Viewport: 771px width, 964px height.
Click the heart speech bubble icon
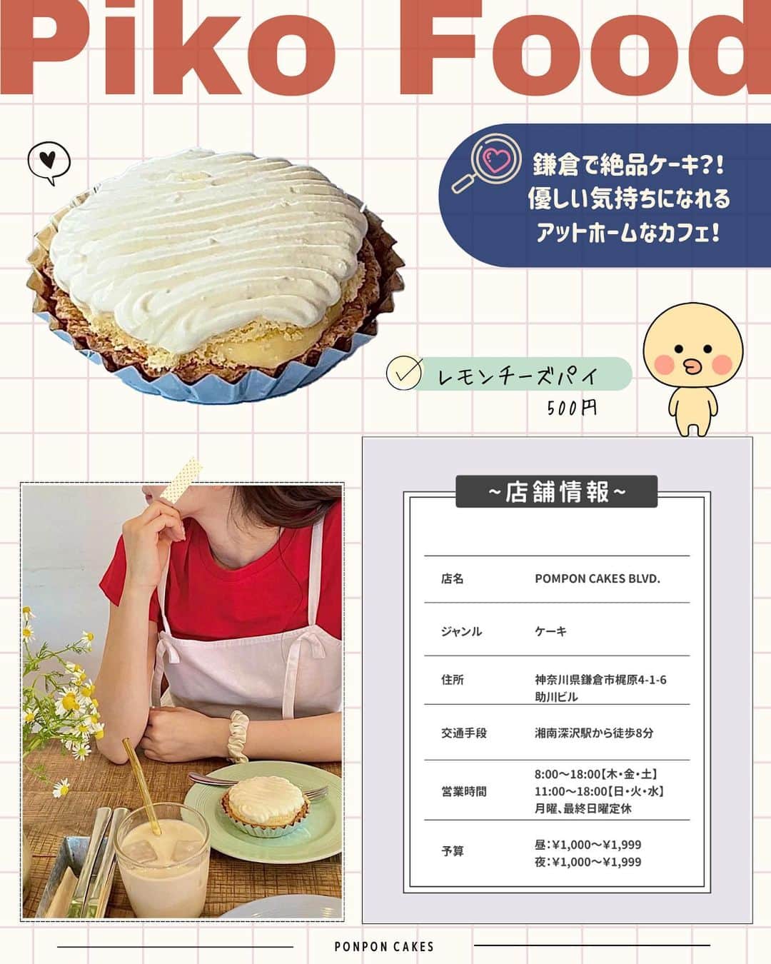[x=49, y=162]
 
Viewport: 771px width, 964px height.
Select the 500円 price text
[x=571, y=408]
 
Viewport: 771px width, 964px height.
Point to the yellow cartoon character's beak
[x=692, y=366]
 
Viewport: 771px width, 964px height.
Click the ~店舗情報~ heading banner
[x=556, y=492]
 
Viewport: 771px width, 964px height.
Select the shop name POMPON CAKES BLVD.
[x=598, y=579]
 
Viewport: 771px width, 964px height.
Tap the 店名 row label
[x=453, y=579]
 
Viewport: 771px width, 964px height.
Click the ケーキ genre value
[x=550, y=631]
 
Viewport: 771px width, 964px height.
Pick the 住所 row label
[x=453, y=680]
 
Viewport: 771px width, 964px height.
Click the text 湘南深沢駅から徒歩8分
[x=594, y=733]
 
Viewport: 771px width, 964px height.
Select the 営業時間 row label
[x=464, y=791]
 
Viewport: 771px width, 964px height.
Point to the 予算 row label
[x=453, y=851]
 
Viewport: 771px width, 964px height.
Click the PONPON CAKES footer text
[x=384, y=947]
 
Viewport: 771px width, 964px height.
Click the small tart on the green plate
[x=265, y=803]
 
